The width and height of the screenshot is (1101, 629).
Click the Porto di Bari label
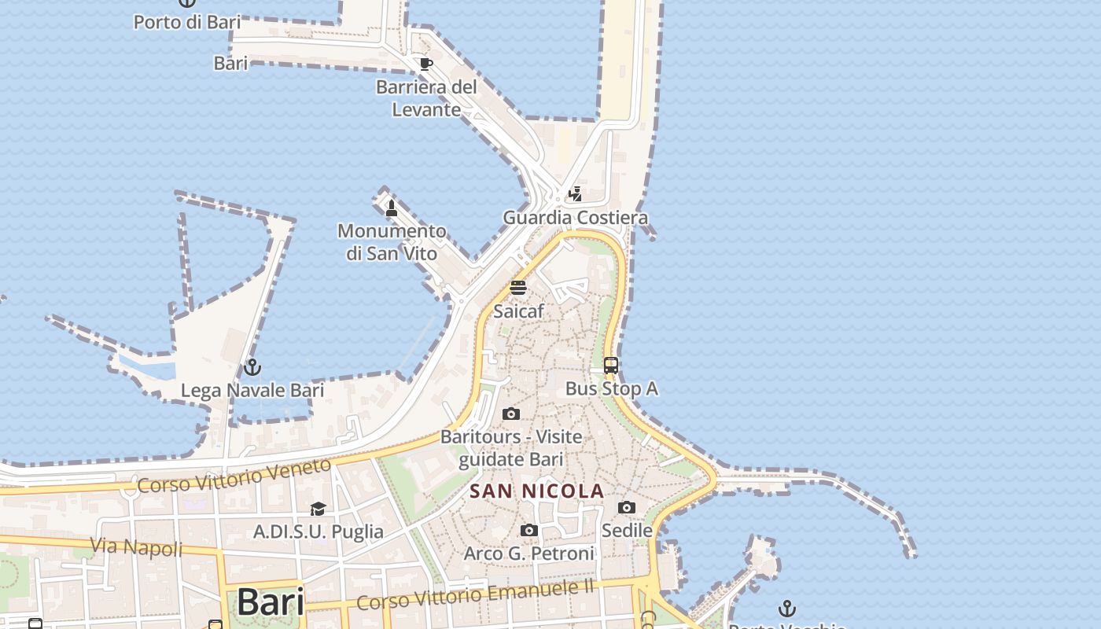tap(187, 22)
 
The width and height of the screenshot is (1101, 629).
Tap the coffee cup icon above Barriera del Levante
tap(425, 64)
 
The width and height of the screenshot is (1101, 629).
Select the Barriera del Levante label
tap(426, 98)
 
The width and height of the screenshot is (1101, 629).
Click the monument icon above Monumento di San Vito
tap(392, 208)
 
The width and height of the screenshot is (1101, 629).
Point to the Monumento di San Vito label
tap(392, 242)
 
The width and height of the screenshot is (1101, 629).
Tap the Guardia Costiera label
tap(576, 218)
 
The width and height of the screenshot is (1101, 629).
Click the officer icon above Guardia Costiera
tap(576, 193)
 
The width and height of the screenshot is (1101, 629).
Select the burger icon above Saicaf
tap(517, 287)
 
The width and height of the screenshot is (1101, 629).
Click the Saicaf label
tap(518, 311)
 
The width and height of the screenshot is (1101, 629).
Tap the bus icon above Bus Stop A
tap(611, 366)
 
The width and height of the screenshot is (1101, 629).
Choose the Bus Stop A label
tap(612, 388)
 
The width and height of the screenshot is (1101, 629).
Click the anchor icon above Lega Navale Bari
tap(252, 367)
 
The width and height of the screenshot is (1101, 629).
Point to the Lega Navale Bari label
tap(252, 390)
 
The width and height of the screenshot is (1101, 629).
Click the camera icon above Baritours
tap(511, 414)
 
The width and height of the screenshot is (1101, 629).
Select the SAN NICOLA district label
tap(537, 491)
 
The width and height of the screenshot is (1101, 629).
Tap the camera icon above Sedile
tap(627, 508)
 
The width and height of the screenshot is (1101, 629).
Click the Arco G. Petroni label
tap(529, 554)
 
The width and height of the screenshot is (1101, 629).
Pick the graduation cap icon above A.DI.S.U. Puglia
tap(318, 509)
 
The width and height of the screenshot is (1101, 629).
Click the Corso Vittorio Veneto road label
tap(234, 476)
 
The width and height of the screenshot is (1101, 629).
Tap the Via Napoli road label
tap(136, 546)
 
